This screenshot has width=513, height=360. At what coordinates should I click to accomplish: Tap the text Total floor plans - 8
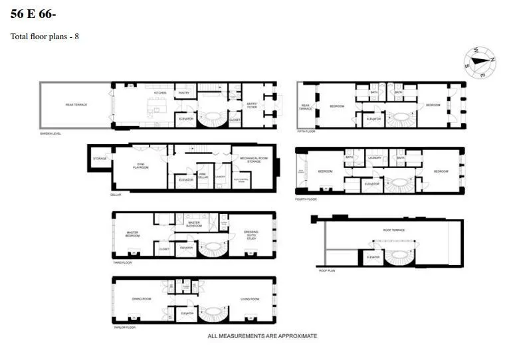coord(45,37)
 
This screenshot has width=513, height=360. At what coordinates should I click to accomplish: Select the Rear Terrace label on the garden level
coord(76,105)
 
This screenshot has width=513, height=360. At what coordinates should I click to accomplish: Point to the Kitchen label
coord(160,93)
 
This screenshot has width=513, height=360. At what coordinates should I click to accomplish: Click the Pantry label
coord(184,93)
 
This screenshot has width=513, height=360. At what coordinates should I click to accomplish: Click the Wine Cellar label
coord(204,175)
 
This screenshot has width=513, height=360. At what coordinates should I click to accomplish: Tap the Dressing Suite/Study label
coord(251,234)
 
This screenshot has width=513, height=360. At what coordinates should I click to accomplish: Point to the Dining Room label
coord(142,300)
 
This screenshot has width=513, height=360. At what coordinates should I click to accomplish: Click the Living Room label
coord(250,300)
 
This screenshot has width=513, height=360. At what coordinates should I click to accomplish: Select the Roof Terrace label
coord(394,230)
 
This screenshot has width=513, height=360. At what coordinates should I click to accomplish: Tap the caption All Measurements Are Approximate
coord(262,336)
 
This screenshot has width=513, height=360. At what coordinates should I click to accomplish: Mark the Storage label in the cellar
coord(100,158)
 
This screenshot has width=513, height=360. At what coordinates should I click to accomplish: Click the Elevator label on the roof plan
coord(373,257)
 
